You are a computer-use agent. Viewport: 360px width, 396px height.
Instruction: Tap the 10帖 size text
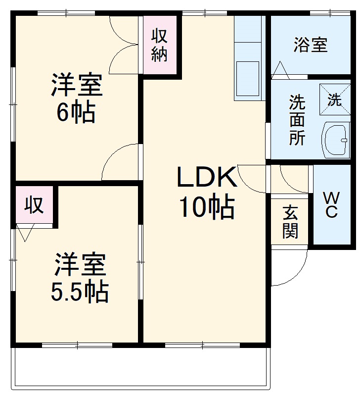(x=207, y=208)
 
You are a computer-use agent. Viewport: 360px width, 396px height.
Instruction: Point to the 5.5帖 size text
(x=80, y=292)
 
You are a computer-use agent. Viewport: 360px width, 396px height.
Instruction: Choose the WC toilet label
(x=331, y=205)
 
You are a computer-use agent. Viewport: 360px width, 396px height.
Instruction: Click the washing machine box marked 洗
(x=334, y=100)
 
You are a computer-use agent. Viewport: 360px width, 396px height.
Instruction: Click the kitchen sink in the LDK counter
(x=248, y=78)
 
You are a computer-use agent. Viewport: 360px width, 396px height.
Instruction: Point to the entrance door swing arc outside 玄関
(x=287, y=270)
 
